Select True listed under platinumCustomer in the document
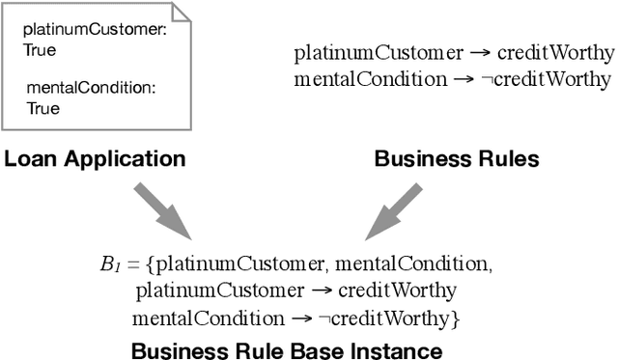pos(41,49)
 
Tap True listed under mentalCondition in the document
pos(42,108)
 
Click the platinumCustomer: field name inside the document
pos(95,31)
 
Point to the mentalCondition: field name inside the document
pos(91,89)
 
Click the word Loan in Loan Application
pos(28,159)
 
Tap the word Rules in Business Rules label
pos(510,159)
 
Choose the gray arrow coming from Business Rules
pos(397,210)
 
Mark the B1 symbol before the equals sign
pos(107,263)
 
